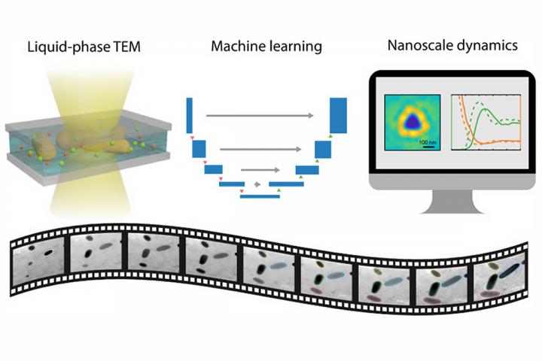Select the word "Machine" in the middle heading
tap(233, 47)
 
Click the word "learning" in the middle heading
tap(296, 47)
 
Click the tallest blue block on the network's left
tap(189, 116)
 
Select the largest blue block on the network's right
tap(339, 116)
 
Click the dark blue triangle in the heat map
tap(411, 121)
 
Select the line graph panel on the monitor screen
tap(482, 121)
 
